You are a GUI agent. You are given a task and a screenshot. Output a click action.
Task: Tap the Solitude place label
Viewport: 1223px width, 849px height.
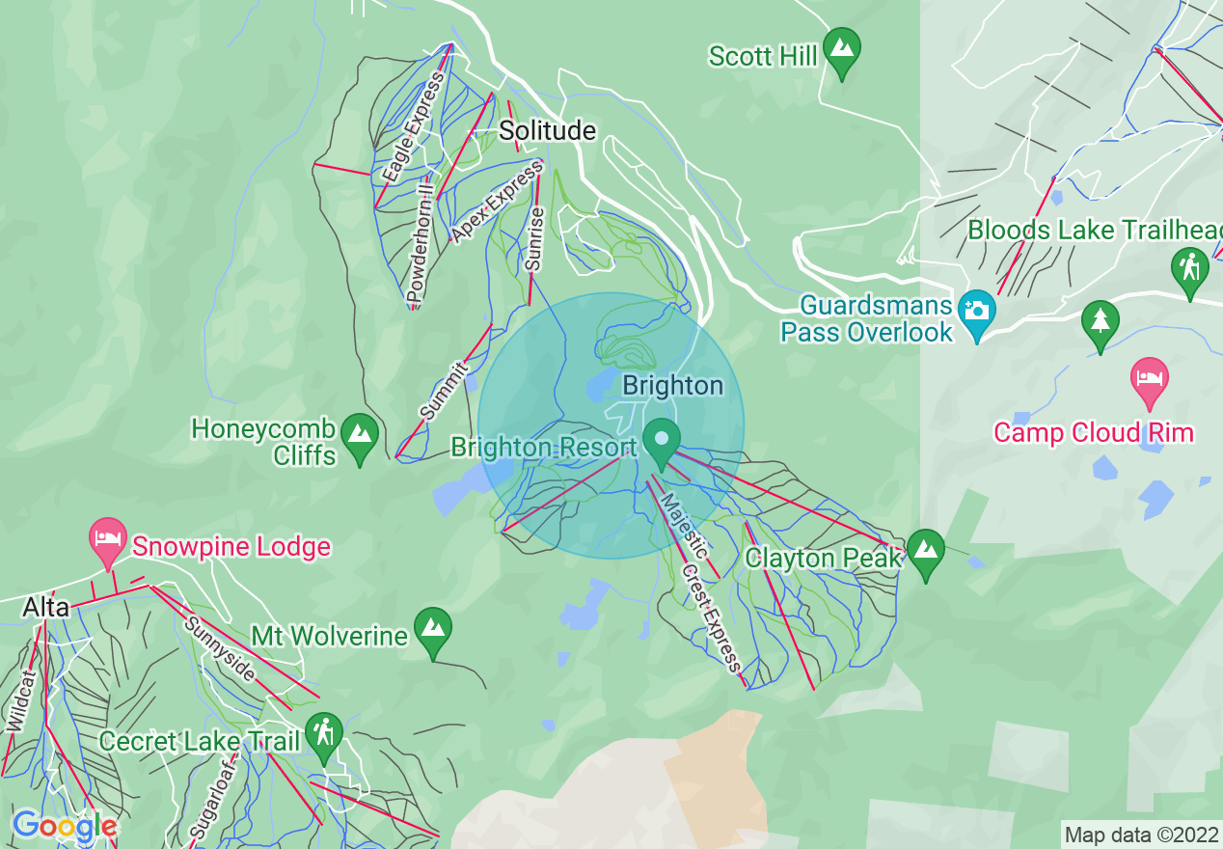pos(547,130)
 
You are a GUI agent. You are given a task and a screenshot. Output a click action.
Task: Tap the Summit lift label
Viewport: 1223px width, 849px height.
pos(444,391)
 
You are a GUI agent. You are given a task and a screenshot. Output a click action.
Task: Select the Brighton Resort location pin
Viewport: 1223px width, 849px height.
pos(661,439)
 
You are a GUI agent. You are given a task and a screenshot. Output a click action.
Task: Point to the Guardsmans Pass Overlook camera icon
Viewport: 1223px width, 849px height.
pos(976,311)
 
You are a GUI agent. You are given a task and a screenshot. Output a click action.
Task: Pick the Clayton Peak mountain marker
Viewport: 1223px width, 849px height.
pos(926,549)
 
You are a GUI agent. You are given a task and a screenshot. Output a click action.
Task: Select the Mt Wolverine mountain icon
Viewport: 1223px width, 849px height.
pos(433,627)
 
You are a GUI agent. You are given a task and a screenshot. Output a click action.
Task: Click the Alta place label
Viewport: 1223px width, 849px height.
pos(46,608)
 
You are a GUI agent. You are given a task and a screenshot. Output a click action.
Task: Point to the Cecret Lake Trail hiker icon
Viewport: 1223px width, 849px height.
pos(324,733)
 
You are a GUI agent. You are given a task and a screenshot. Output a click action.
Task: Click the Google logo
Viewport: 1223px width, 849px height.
pos(64,826)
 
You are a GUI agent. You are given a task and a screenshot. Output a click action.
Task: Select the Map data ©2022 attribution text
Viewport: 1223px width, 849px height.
pos(1141,835)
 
